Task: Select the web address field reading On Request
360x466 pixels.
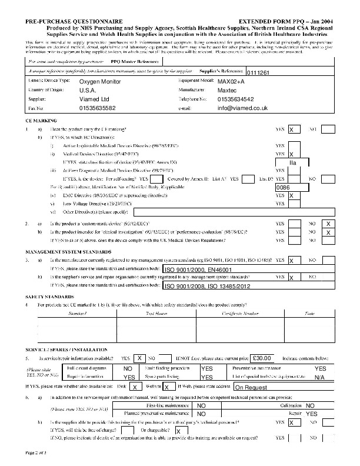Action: click(251, 388)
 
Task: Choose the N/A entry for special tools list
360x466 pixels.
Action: click(319, 377)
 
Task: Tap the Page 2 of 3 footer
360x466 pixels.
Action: click(39, 451)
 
